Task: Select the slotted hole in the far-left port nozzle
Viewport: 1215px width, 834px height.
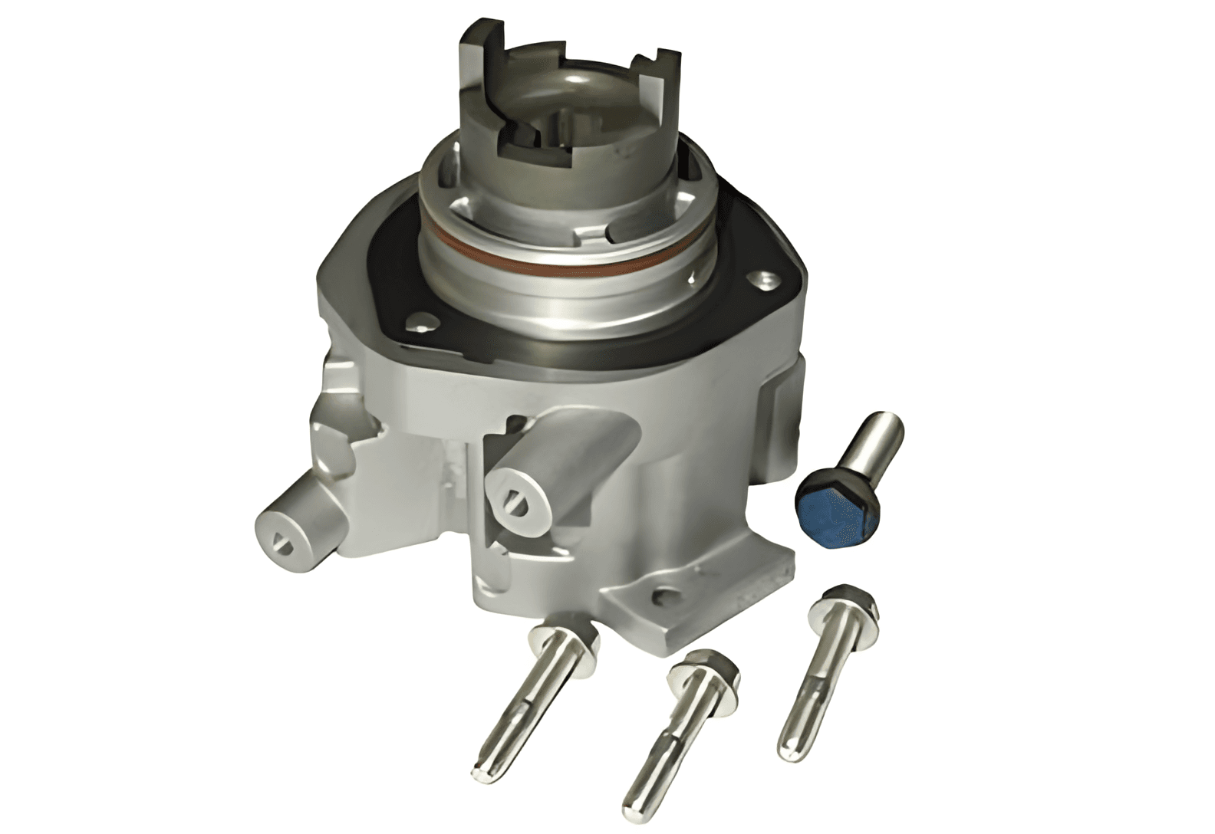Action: click(280, 543)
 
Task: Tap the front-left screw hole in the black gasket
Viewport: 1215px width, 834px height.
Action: click(417, 321)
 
